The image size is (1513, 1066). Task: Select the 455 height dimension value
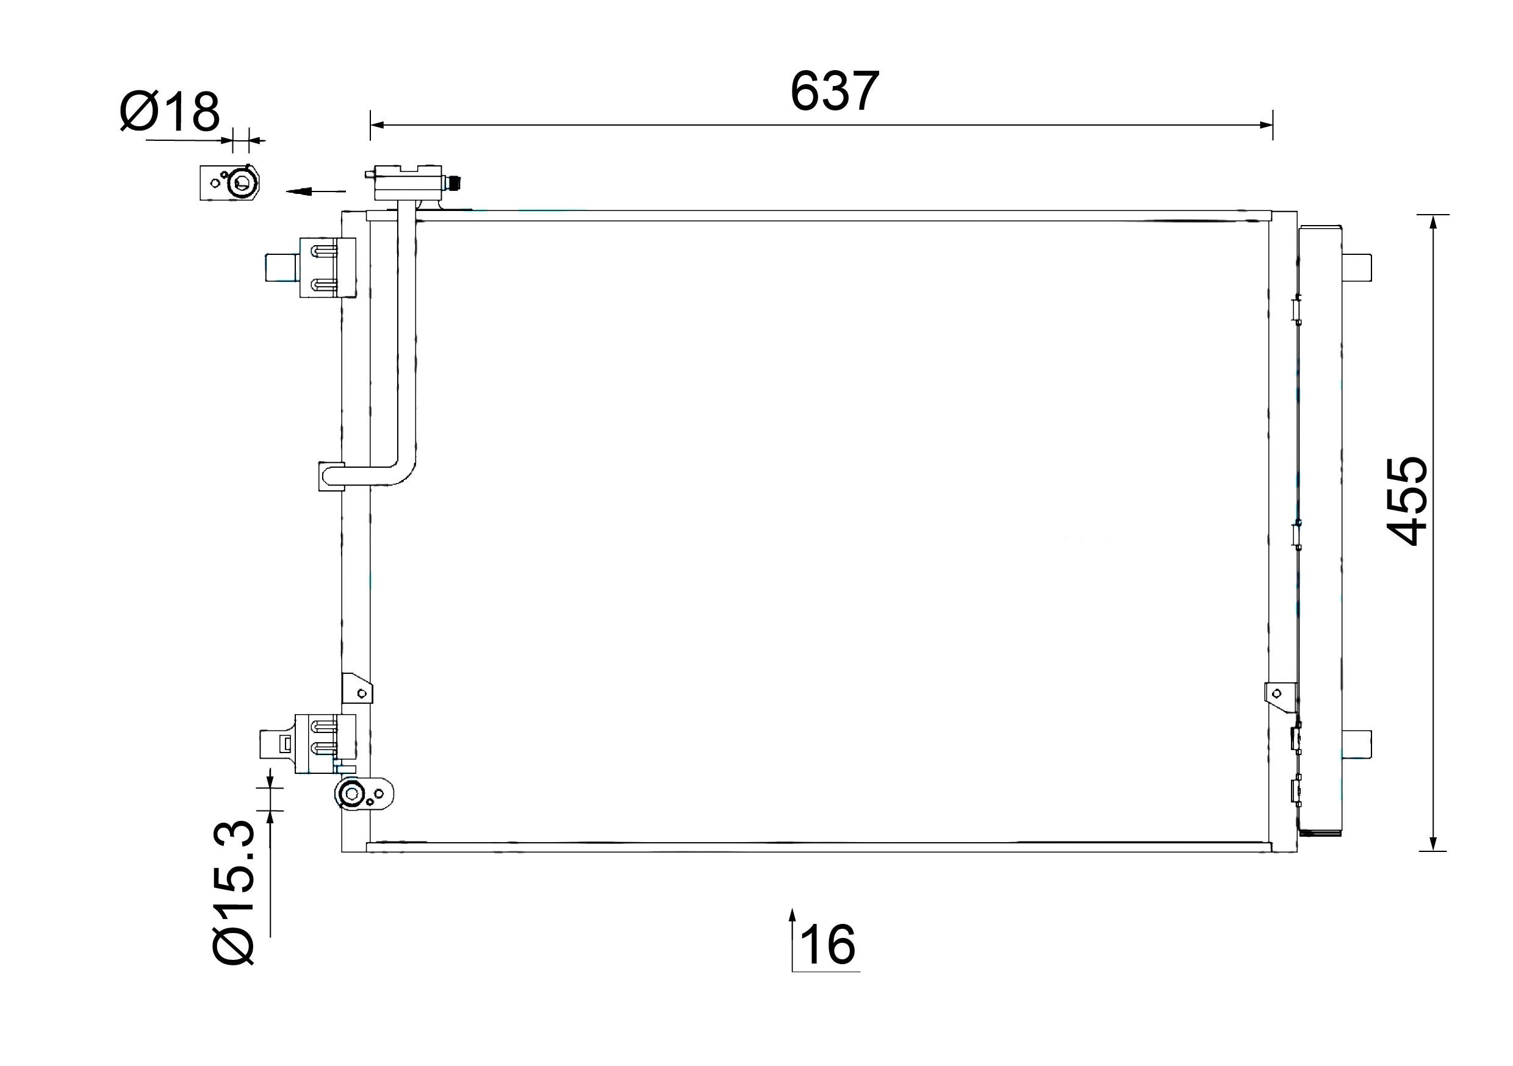(1407, 501)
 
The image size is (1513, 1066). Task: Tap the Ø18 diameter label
(170, 112)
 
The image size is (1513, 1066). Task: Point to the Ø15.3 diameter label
(233, 893)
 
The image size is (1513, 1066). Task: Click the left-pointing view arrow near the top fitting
(315, 191)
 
